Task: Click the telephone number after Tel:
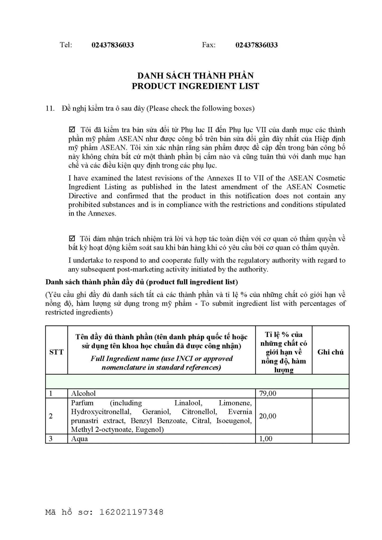coord(113,45)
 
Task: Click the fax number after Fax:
coord(256,45)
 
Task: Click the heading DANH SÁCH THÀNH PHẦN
coord(195,76)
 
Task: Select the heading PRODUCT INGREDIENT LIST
coord(195,86)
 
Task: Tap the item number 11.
coord(50,108)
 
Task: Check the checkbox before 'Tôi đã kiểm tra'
coord(72,130)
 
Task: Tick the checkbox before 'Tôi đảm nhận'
coord(72,239)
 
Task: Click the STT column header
coord(56,352)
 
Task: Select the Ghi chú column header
coord(330,352)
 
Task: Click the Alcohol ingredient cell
coord(83,393)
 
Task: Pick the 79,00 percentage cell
coord(268,393)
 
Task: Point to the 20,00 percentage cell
coord(268,416)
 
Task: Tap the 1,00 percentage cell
coord(266,439)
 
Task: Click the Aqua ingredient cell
coord(79,439)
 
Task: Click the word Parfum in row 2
coord(82,403)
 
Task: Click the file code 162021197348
coord(131,512)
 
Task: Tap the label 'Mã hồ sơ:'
coord(69,512)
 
